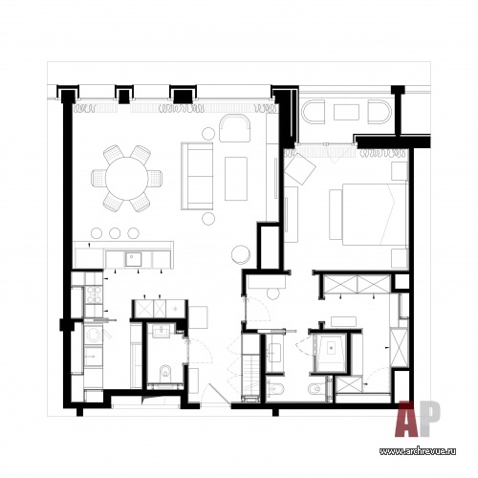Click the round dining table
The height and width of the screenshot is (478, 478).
(x=127, y=178)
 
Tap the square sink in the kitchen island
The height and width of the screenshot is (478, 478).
(x=133, y=260)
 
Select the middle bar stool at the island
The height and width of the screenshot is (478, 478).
(x=115, y=233)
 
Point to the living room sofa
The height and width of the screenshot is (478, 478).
(x=197, y=176)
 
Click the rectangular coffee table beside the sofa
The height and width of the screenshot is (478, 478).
(x=236, y=179)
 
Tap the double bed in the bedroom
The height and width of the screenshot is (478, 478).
(x=375, y=214)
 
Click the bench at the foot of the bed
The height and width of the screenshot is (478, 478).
(x=336, y=214)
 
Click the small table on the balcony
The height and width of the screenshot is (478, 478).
(x=346, y=112)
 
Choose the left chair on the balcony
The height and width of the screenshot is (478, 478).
(x=314, y=112)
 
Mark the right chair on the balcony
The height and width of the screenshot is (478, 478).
(x=379, y=112)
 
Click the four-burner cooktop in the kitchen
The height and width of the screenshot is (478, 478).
(x=94, y=294)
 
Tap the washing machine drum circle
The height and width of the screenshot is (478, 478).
(x=94, y=335)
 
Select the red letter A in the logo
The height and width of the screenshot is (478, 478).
(x=407, y=419)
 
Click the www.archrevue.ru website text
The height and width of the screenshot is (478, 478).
(x=418, y=451)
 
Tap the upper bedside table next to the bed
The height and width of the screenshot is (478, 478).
(x=400, y=171)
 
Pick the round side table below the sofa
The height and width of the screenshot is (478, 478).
(x=208, y=218)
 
